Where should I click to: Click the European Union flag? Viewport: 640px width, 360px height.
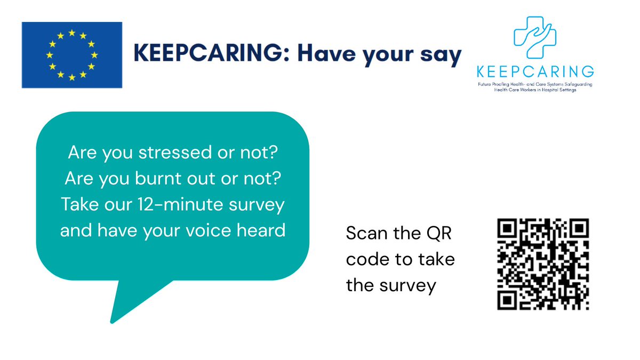(x=71, y=55)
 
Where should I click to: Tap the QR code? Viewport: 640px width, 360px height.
(x=542, y=265)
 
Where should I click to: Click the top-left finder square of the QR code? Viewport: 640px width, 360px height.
(x=508, y=229)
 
